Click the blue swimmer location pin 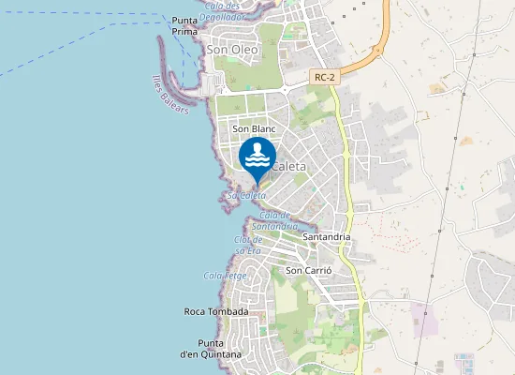coord(257,157)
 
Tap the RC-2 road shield coord(325,79)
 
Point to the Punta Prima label coord(184,25)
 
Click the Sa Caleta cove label coord(245,195)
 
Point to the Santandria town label coord(327,237)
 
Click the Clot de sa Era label coord(247,246)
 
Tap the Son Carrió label coord(307,270)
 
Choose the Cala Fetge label coord(224,276)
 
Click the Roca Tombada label coord(215,311)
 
